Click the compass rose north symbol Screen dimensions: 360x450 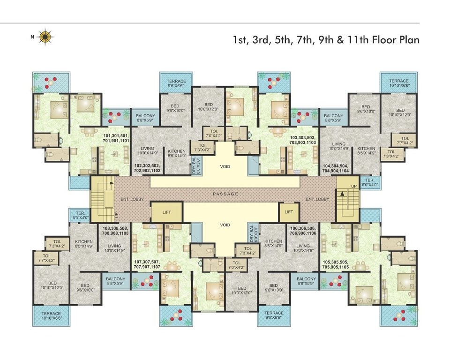[x=45, y=37]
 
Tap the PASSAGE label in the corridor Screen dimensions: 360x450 [x=225, y=194]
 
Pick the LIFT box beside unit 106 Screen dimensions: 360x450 [x=288, y=212]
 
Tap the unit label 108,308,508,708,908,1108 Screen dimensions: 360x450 [x=115, y=230]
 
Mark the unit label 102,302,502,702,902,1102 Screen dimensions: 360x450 [x=147, y=169]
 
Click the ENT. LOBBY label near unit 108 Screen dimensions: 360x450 [x=132, y=199]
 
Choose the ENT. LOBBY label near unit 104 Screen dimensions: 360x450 [x=318, y=199]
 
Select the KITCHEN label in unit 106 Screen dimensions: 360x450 [x=272, y=243]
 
